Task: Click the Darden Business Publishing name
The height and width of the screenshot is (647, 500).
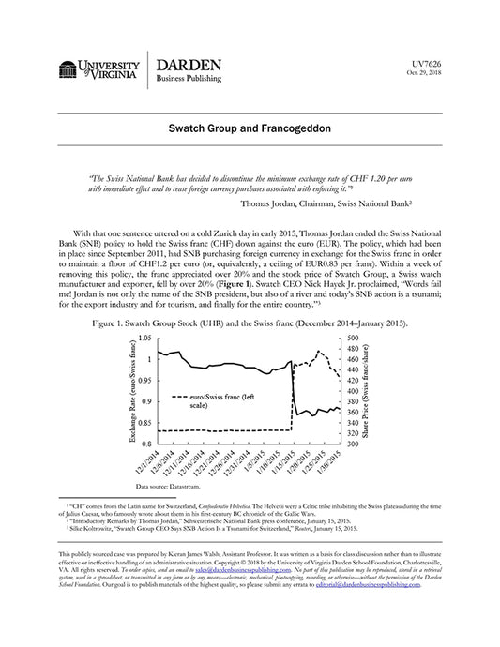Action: pyautogui.click(x=189, y=70)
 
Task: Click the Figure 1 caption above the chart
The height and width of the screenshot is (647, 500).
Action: pyautogui.click(x=250, y=323)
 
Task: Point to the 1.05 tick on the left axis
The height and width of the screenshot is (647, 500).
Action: pyautogui.click(x=144, y=337)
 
